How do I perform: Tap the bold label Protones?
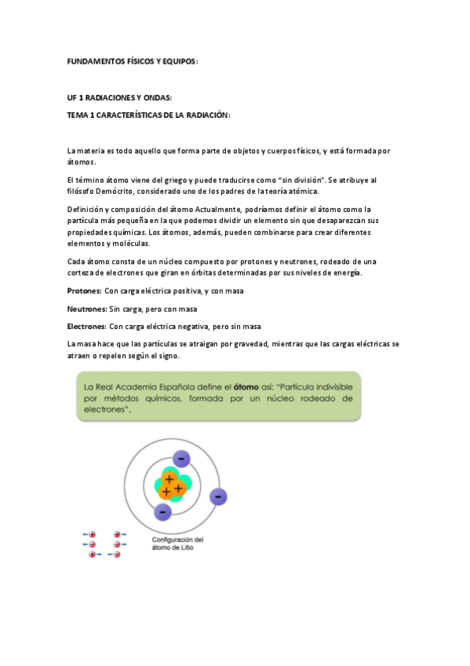(85, 291)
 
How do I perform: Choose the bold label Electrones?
(87, 326)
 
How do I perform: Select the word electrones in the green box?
(106, 409)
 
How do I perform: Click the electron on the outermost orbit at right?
(219, 496)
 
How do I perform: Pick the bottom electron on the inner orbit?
(163, 512)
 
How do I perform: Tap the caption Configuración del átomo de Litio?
(177, 543)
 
